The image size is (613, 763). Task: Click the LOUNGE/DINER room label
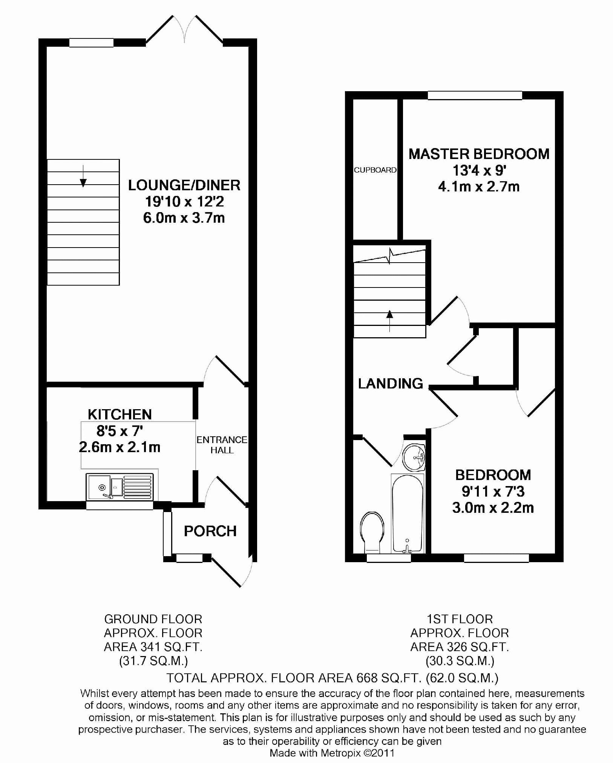[184, 185]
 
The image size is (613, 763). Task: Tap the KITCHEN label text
[120, 414]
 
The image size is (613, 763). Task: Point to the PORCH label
[210, 531]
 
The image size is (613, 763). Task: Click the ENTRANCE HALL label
[222, 445]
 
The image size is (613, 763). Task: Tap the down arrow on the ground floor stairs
[83, 176]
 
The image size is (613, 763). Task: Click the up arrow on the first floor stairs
[389, 321]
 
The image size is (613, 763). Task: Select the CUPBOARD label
[375, 170]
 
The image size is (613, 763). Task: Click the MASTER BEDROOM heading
[479, 154]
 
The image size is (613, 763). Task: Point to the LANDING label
[391, 384]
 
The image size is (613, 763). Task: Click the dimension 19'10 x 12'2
[185, 202]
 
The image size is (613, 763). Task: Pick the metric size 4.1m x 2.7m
[479, 187]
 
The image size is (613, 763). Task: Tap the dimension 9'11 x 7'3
[493, 491]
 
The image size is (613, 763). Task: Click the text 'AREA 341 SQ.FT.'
[153, 647]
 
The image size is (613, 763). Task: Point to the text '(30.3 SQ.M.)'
[460, 661]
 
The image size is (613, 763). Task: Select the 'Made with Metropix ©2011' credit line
[332, 753]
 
